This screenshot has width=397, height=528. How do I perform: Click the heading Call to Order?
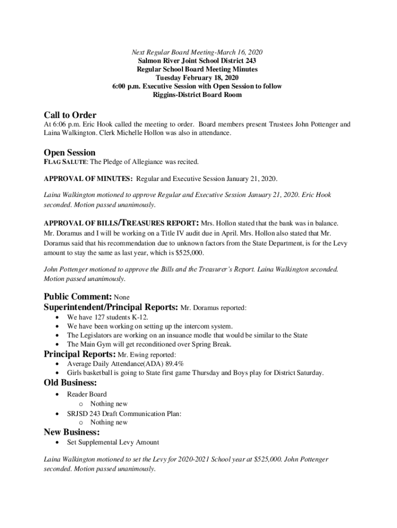point(70,115)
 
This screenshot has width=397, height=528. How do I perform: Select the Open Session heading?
point(70,153)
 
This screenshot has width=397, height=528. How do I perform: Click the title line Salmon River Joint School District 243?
point(197,61)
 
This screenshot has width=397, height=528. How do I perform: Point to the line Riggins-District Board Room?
point(197,95)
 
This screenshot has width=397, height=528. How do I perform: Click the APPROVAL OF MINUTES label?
point(88,179)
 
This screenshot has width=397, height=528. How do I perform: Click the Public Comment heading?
point(77,297)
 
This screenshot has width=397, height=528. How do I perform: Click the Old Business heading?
point(70,383)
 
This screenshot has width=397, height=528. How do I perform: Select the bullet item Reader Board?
point(87,394)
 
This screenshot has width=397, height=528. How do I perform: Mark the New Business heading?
point(72,432)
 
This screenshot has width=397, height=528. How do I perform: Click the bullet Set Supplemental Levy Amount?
point(113,442)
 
